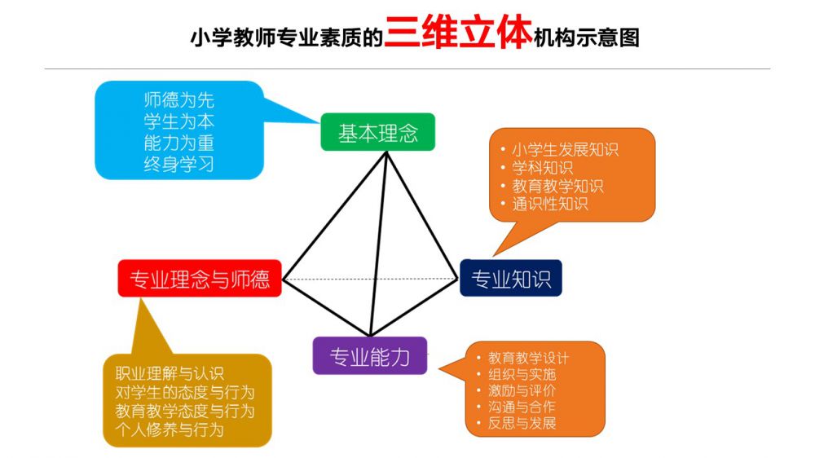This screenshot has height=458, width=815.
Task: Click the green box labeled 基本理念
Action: click(377, 132)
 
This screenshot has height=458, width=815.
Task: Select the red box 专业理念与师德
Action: click(200, 279)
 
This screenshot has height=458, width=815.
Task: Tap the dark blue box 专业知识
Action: click(511, 278)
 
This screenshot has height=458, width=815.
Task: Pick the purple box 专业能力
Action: click(369, 356)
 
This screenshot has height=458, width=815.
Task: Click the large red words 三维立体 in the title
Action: click(458, 33)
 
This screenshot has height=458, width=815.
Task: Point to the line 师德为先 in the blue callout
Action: click(178, 99)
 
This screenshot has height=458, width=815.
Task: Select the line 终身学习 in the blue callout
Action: click(178, 165)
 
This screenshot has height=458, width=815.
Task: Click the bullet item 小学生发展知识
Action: click(565, 150)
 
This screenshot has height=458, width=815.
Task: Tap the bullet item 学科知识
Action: click(542, 168)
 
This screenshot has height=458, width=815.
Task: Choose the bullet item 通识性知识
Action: click(550, 204)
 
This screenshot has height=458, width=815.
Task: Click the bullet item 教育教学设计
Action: click(528, 358)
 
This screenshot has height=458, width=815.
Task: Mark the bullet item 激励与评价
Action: click(522, 390)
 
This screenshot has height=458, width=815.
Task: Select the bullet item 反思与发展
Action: click(522, 423)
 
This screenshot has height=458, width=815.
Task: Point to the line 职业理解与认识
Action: click(170, 373)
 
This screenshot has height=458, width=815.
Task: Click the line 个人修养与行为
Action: click(170, 429)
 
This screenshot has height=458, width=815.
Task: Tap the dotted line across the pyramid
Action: click(370, 280)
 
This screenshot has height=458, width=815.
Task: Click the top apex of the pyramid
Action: click(386, 152)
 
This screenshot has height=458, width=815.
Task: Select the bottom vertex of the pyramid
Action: click(370, 335)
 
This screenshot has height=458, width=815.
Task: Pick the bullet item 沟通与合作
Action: click(522, 407)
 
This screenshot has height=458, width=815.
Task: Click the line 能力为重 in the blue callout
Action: click(178, 143)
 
